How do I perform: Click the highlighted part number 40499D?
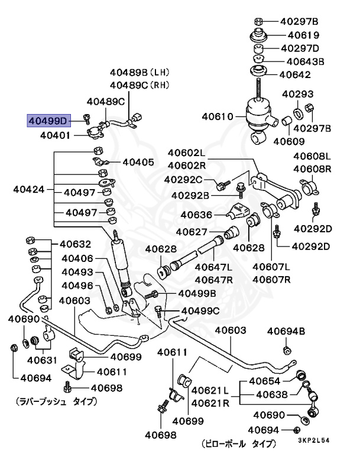pyautogui.click(x=47, y=121)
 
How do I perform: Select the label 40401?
pyautogui.click(x=56, y=135)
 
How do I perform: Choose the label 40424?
pyautogui.click(x=29, y=190)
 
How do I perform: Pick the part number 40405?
pyautogui.click(x=138, y=162)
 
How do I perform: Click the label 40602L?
pyautogui.click(x=186, y=153)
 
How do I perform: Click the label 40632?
pyautogui.click(x=74, y=244)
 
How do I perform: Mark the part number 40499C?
pyautogui.click(x=200, y=310)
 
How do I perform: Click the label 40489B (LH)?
pyautogui.click(x=140, y=73)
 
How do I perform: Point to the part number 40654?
pyautogui.click(x=264, y=381)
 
